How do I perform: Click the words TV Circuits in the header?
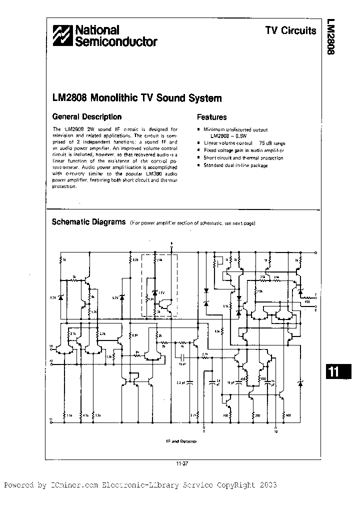290,30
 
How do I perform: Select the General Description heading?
87,117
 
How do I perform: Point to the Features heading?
211,117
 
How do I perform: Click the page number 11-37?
181,463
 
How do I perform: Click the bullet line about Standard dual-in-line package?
235,165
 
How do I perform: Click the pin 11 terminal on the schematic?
51,422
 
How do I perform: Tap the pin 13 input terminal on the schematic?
51,346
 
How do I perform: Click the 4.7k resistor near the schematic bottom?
83,415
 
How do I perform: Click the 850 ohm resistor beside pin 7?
307,301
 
